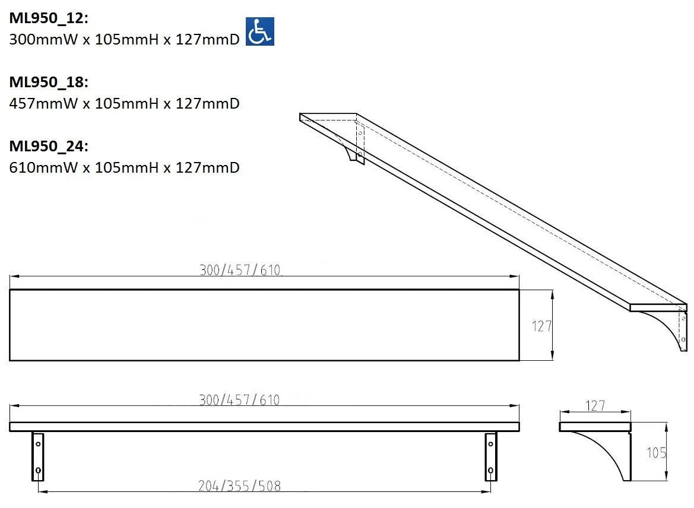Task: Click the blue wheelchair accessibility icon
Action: pyautogui.click(x=260, y=31)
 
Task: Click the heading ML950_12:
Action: pyautogui.click(x=49, y=18)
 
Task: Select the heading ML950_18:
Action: pyautogui.click(x=49, y=82)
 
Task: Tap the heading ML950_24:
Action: pyautogui.click(x=49, y=147)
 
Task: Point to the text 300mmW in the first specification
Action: pyautogui.click(x=43, y=39)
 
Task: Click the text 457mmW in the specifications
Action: pyautogui.click(x=43, y=103)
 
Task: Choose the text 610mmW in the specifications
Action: pyautogui.click(x=43, y=168)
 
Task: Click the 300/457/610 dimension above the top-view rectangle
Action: pyautogui.click(x=240, y=270)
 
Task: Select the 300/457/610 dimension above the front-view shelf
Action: pyautogui.click(x=239, y=400)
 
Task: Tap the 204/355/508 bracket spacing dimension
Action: pyautogui.click(x=239, y=486)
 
